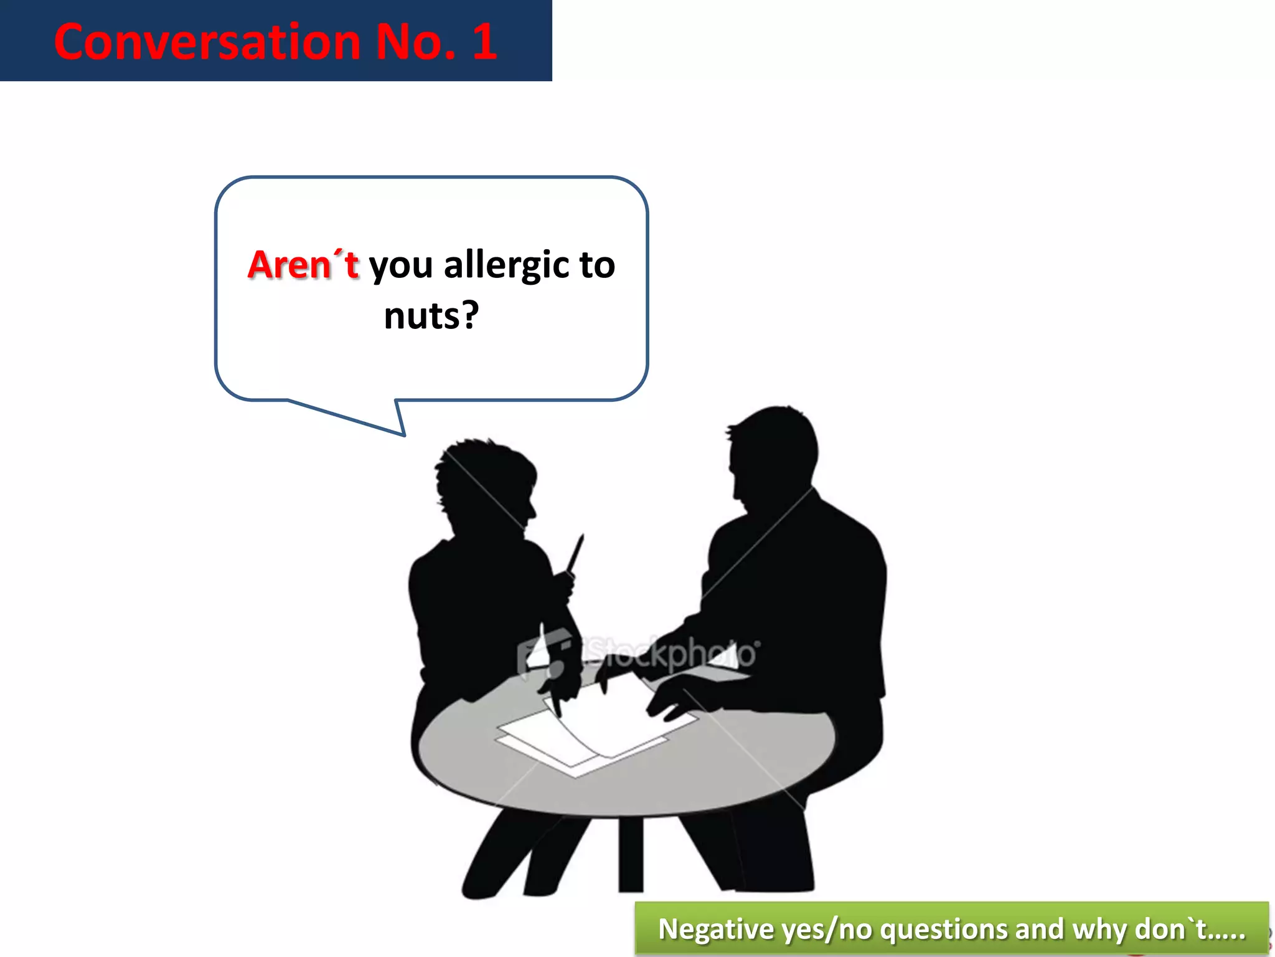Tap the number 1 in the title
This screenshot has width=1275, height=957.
click(484, 42)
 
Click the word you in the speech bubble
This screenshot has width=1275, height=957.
click(400, 265)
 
